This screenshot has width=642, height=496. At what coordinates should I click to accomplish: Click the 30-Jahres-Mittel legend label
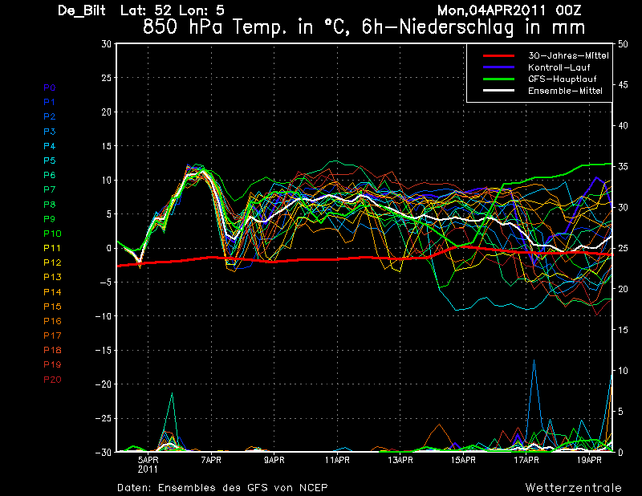tap(568, 55)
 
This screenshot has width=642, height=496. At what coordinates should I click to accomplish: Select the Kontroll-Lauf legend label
tap(559, 67)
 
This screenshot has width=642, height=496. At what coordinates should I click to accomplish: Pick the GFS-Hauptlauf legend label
tap(563, 79)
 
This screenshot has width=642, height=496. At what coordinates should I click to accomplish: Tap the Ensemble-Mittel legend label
tap(565, 91)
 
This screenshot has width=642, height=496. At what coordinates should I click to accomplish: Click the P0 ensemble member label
tap(50, 87)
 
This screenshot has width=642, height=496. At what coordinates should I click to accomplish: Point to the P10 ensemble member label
tap(52, 234)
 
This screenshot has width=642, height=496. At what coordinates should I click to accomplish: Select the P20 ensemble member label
tap(52, 380)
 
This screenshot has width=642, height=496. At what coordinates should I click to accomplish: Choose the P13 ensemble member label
tap(52, 277)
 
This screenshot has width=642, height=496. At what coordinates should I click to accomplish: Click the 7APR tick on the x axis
tap(211, 460)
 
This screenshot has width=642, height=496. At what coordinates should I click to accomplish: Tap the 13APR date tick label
tap(400, 460)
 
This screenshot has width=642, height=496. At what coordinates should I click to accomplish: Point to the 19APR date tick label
tap(589, 460)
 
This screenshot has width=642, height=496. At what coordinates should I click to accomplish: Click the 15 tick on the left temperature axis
tap(107, 146)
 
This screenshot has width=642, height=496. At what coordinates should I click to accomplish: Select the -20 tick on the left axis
tap(104, 384)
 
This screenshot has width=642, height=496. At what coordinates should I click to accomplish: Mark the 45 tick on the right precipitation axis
tap(623, 85)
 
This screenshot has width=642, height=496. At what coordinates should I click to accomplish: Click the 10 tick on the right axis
tap(623, 371)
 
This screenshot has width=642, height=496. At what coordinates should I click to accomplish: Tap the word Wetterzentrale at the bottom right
tap(574, 488)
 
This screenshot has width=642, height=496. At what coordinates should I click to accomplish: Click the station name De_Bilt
tap(82, 10)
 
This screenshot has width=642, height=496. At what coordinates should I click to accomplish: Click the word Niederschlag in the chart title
tap(456, 28)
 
